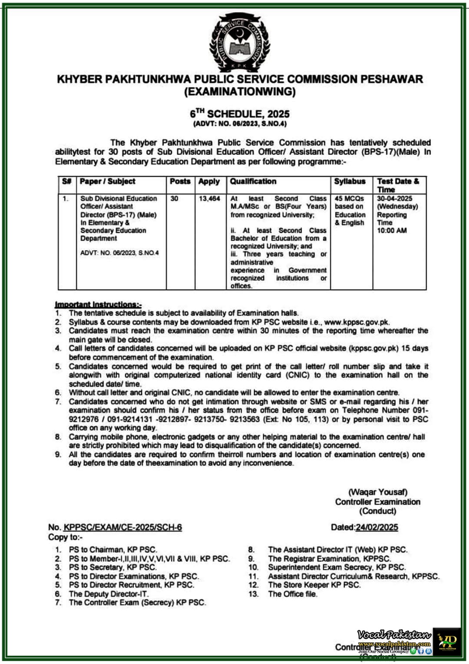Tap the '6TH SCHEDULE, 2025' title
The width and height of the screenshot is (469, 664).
240,114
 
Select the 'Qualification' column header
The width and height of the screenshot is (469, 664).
253,181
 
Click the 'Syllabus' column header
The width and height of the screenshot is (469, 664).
350,181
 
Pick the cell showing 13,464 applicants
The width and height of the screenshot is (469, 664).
209,199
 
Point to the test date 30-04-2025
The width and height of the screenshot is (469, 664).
394,199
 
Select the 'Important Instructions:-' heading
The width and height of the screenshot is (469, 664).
98,304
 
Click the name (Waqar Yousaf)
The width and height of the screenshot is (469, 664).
377,492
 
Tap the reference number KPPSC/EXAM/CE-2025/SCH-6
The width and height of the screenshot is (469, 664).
122,527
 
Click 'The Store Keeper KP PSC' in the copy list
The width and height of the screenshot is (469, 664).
314,585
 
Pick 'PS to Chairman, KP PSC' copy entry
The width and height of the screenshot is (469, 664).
113,550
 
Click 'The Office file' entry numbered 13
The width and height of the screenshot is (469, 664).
292,594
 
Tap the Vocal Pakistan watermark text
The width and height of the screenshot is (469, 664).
394,635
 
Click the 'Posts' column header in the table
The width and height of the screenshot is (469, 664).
180,181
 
